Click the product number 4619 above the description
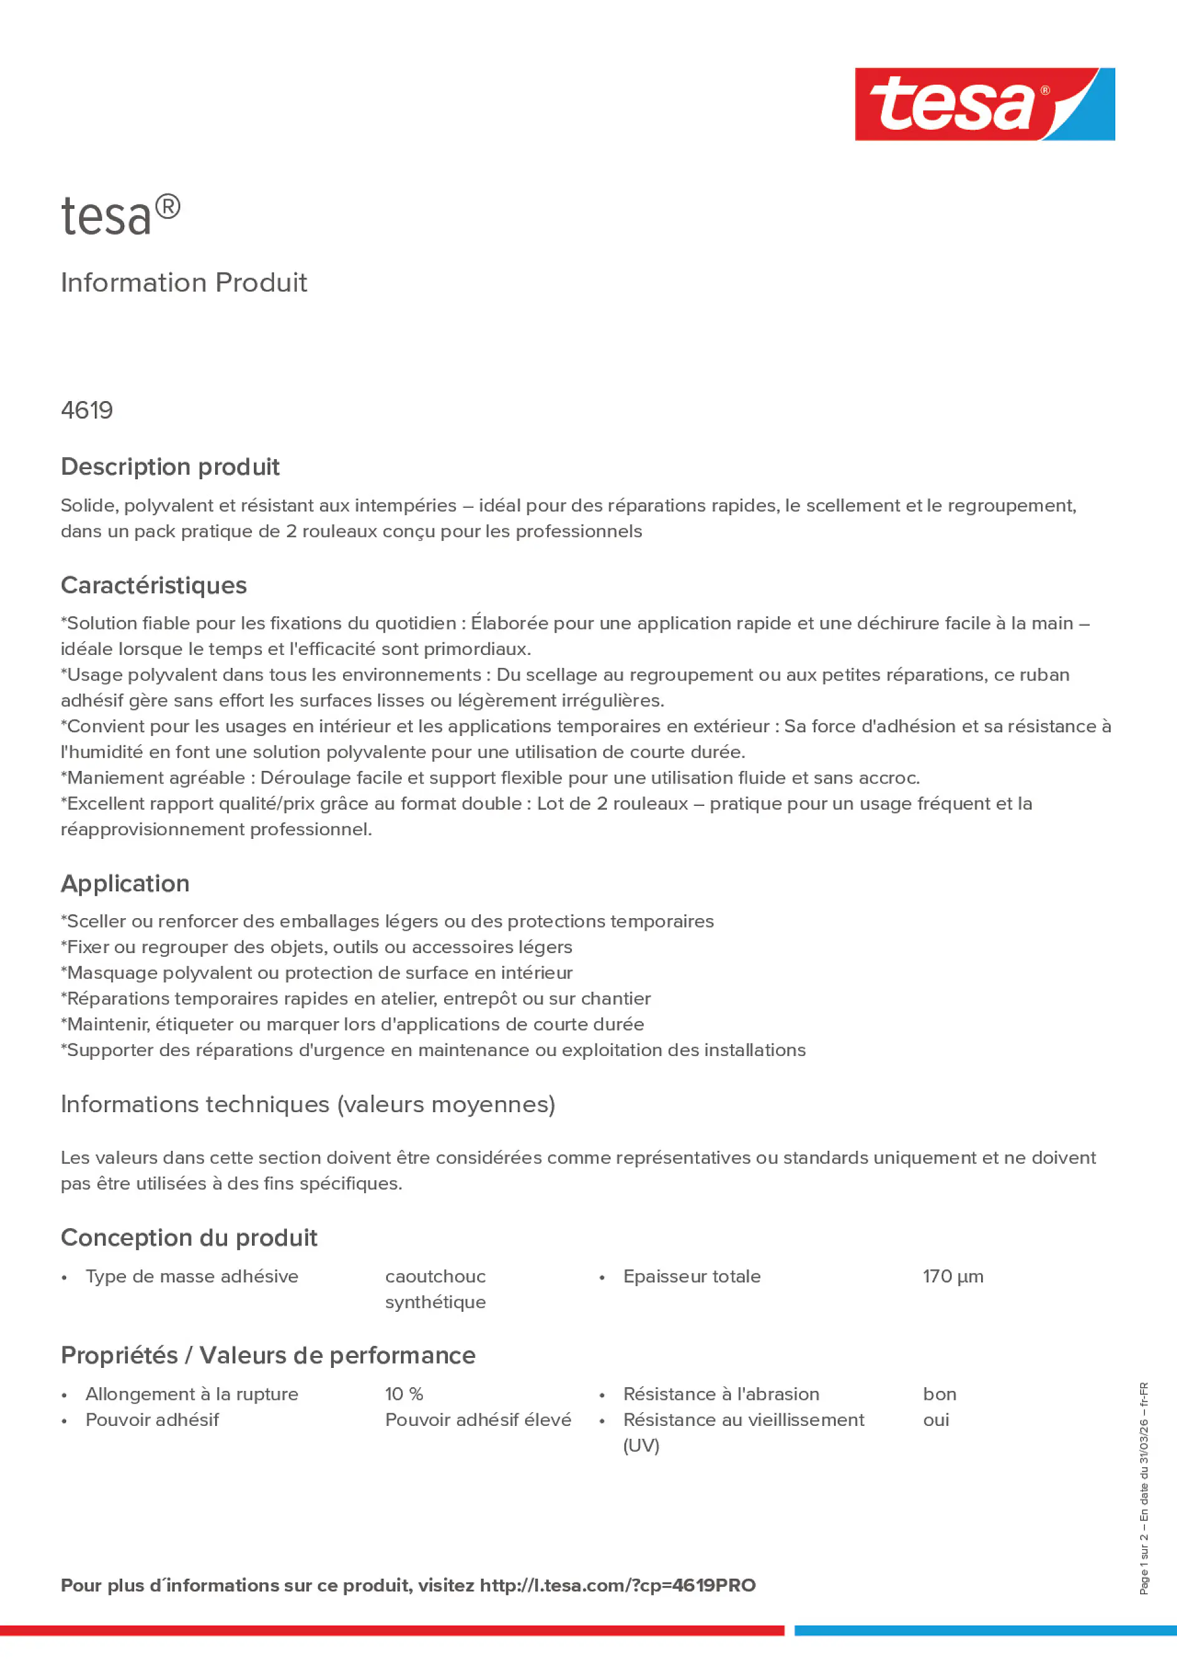[x=87, y=410]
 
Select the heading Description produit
[x=170, y=467]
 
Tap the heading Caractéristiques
[x=154, y=585]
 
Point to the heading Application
[x=125, y=883]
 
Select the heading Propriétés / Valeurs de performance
[x=268, y=1355]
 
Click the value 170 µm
[x=953, y=1276]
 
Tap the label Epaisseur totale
[x=692, y=1276]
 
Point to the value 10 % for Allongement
[x=404, y=1394]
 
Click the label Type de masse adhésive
[x=191, y=1276]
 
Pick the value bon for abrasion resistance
[x=939, y=1394]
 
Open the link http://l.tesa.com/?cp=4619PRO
[x=618, y=1586]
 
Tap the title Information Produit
[x=183, y=283]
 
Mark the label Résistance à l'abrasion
[x=720, y=1394]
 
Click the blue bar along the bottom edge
[x=985, y=1630]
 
